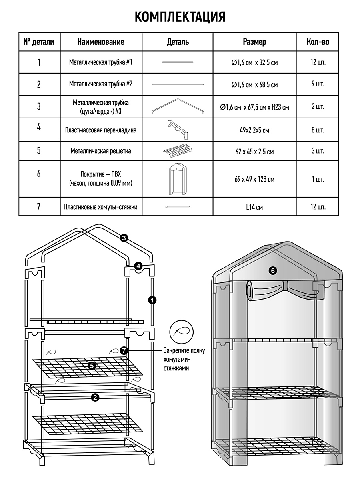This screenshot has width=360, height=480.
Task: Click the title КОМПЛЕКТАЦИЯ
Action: click(x=180, y=16)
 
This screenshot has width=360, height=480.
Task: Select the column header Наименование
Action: click(x=100, y=42)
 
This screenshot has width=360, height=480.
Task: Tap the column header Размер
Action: click(x=254, y=42)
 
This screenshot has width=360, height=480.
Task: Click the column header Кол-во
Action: click(x=318, y=42)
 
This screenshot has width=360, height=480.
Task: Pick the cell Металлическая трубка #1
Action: click(x=100, y=62)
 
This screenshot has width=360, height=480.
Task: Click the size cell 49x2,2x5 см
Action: click(x=254, y=130)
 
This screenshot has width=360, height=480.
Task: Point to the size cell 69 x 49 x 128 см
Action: click(x=254, y=179)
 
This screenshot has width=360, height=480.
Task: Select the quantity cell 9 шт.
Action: click(x=318, y=84)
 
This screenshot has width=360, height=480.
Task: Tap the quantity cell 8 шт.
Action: click(x=318, y=130)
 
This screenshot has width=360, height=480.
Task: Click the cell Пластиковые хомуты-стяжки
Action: click(x=100, y=207)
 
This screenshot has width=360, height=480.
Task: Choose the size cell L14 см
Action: click(x=254, y=208)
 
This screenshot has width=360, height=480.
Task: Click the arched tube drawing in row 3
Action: click(x=178, y=107)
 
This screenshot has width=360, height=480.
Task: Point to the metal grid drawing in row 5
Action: click(x=178, y=151)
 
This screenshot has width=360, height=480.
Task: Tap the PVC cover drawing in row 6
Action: click(x=178, y=179)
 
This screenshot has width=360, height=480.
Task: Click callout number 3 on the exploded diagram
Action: click(x=124, y=238)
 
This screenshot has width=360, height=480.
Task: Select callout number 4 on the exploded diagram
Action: click(x=138, y=265)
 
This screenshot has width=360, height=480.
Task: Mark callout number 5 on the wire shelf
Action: click(x=92, y=365)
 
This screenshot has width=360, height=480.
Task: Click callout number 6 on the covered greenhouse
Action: click(x=273, y=271)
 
